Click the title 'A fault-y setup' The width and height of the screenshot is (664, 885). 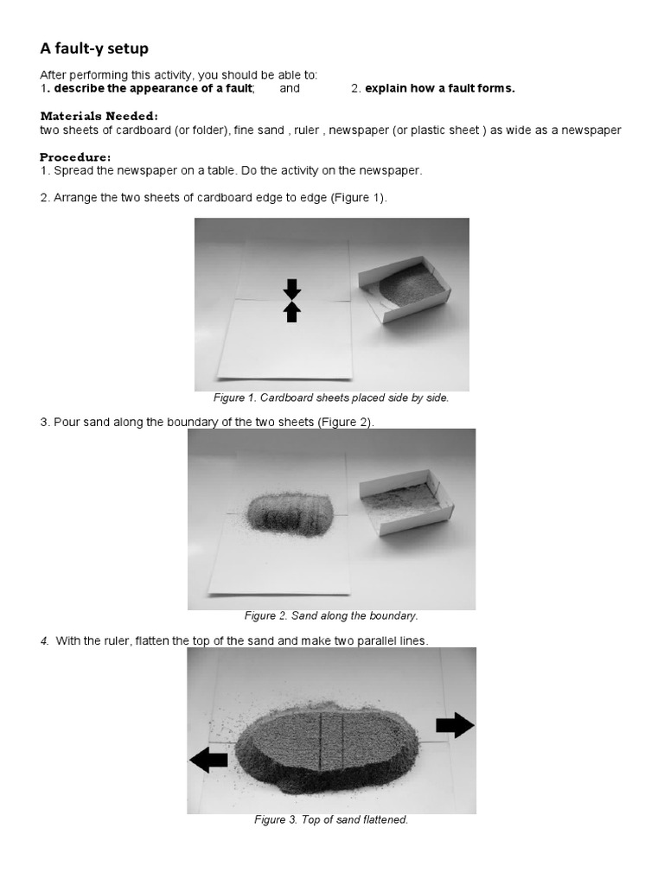[94, 49]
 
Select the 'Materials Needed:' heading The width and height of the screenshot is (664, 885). [99, 116]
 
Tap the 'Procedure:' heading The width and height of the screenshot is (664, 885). [75, 157]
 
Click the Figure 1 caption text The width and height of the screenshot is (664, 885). [331, 398]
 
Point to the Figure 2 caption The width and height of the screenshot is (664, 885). [331, 616]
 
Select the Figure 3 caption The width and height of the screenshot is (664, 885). [331, 819]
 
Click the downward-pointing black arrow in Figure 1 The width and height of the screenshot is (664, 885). [292, 290]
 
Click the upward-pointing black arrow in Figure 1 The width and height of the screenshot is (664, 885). [292, 312]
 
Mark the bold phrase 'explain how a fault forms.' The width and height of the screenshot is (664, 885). [439, 88]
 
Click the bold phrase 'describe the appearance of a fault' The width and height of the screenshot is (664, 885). [154, 88]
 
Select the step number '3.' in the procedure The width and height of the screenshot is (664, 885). [45, 422]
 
